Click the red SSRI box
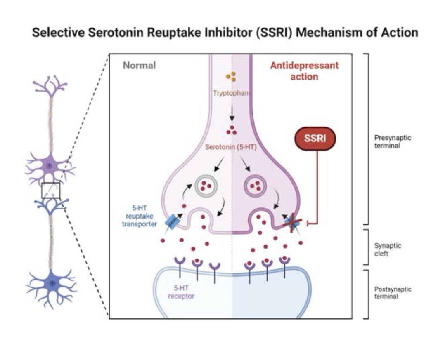click(315, 139)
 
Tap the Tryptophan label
click(230, 93)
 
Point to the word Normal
click(139, 66)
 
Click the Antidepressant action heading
click(304, 71)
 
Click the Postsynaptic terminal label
click(389, 292)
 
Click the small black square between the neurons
click(51, 191)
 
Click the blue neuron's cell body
click(52, 283)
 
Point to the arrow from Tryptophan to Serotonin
click(231, 112)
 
